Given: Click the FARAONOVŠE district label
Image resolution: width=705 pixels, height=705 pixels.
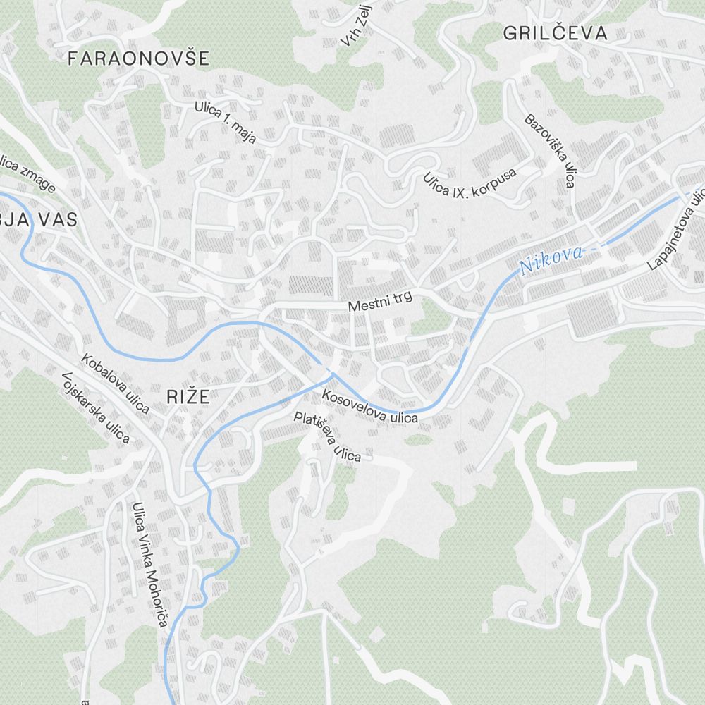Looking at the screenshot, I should pos(138,59).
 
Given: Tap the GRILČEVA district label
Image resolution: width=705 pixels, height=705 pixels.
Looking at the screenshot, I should pos(556,33).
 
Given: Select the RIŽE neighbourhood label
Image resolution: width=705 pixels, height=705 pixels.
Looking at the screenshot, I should pos(188,396).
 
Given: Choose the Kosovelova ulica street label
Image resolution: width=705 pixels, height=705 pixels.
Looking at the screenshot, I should pos(369,407).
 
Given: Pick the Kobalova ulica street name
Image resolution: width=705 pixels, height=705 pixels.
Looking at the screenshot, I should pos(116,383).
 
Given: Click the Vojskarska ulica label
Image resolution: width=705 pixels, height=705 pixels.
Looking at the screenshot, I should pos(96,408).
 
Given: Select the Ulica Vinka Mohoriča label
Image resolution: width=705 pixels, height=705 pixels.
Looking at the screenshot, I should pos(149,564).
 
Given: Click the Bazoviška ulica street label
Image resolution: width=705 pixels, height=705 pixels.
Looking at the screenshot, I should pos(550,150).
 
